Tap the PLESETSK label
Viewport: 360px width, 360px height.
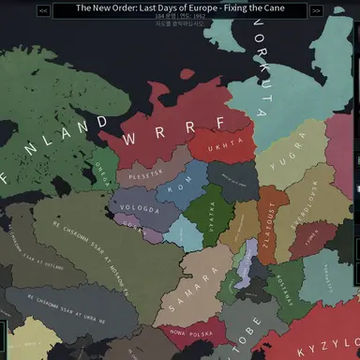tap(145, 172)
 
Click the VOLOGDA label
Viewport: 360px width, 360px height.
tap(140, 208)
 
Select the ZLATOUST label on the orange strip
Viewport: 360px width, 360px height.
tap(266, 230)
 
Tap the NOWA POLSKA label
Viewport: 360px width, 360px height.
tap(187, 333)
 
